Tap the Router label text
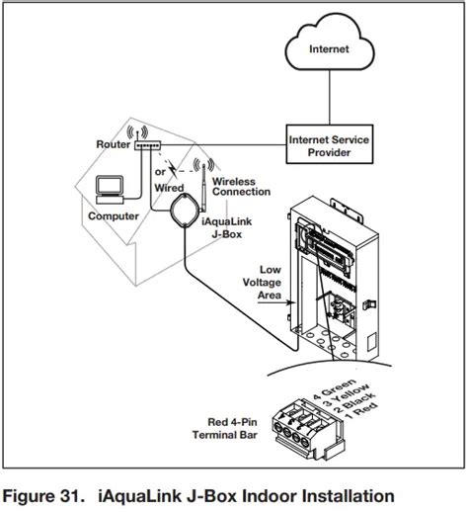113,144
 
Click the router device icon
148,145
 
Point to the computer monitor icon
110,186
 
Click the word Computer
114,216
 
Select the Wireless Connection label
241,187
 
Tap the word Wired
169,188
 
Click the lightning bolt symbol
172,169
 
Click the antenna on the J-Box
204,188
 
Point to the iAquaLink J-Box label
227,227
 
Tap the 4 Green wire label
334,389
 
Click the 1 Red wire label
361,410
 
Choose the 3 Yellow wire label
346,395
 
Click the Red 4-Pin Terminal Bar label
225,428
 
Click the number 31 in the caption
70,496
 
